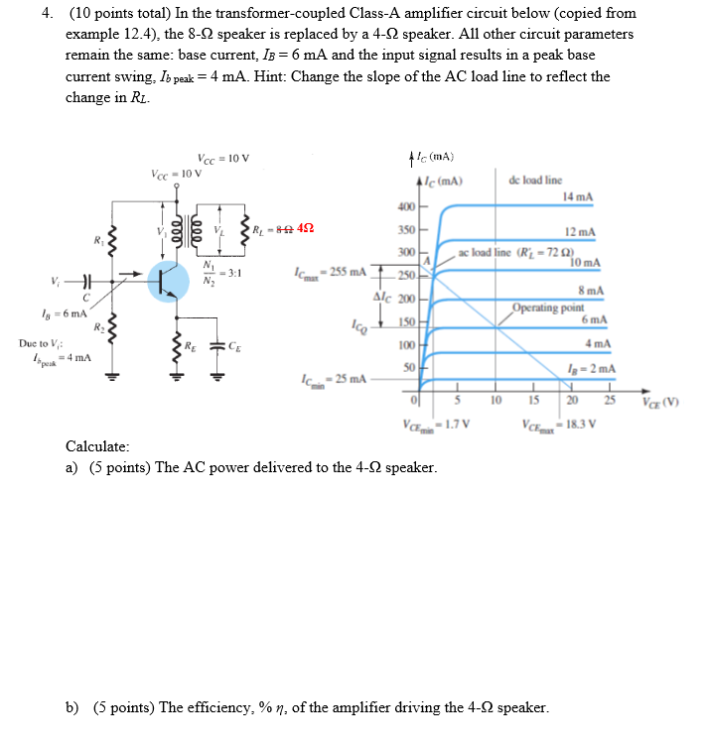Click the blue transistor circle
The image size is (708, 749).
pos(168,280)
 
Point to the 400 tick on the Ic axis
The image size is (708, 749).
pos(405,207)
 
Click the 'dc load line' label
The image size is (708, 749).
pos(535,181)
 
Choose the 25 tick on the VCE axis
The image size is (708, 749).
pos(610,401)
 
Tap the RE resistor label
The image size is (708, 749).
pos(190,346)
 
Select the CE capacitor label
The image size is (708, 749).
pos(233,346)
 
